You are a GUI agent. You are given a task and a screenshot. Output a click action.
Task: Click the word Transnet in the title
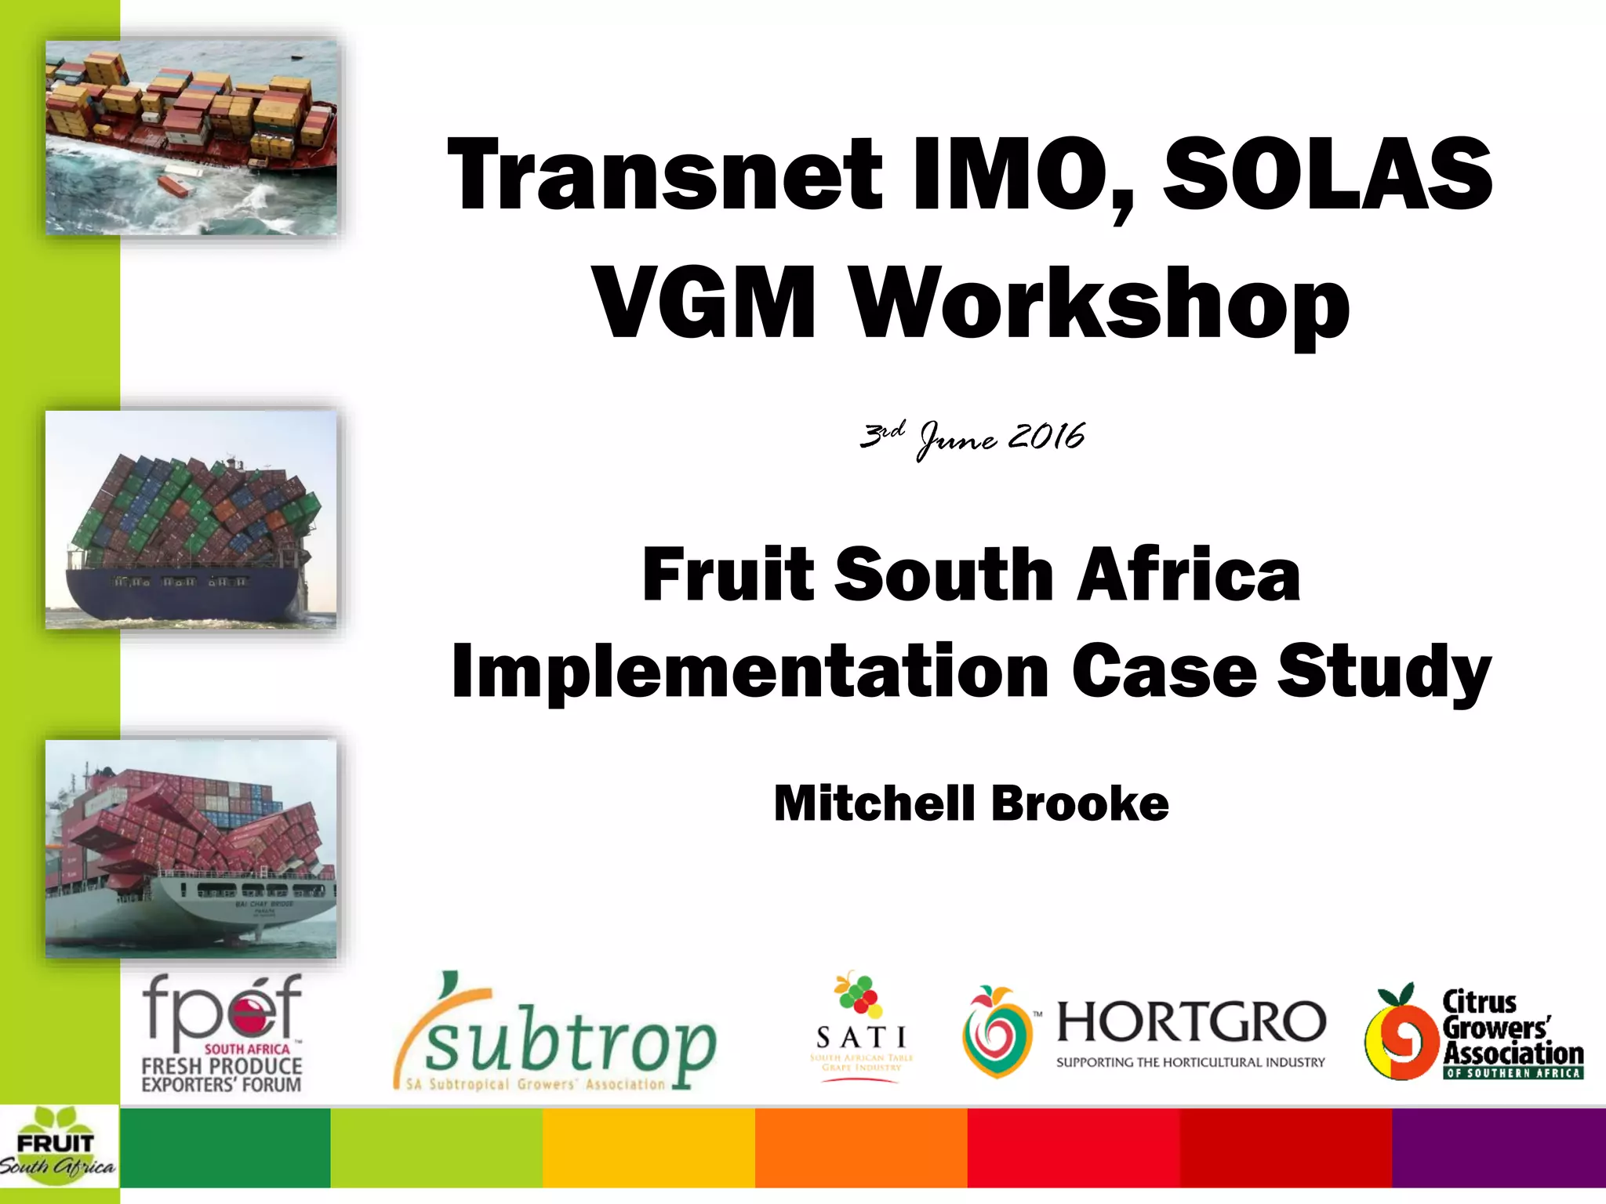point(665,174)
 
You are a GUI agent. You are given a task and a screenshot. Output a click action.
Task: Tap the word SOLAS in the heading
point(1327,174)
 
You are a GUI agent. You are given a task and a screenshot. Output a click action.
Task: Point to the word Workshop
point(1101,306)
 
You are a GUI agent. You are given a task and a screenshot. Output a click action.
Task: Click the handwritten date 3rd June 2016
point(972,437)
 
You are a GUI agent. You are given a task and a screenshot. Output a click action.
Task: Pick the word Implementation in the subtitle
point(750,671)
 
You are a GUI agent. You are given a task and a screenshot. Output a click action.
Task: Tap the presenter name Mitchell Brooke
point(971,803)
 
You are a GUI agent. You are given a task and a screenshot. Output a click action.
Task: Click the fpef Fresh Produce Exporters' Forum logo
point(222,1033)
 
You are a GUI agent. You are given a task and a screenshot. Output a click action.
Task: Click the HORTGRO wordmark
point(1190,1023)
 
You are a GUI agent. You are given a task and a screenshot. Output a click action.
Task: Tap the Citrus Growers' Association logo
point(1474,1033)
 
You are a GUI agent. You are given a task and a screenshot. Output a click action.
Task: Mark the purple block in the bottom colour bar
point(1498,1148)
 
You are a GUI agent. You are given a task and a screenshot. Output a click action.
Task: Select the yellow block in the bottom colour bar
point(648,1148)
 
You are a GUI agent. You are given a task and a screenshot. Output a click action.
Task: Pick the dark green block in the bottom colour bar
point(225,1148)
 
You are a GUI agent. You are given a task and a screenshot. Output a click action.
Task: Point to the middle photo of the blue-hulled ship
point(191,520)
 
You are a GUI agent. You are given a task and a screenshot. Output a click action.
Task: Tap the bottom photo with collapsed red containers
point(191,849)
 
